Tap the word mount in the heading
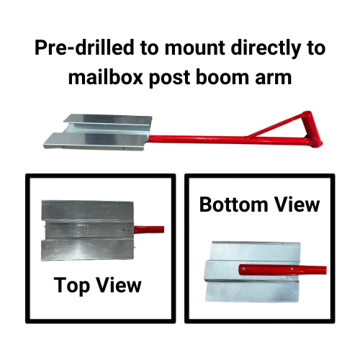coord(193,49)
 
